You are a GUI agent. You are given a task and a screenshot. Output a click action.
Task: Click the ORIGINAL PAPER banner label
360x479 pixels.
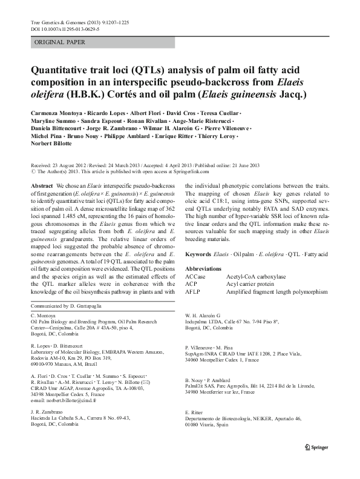[x=60, y=42]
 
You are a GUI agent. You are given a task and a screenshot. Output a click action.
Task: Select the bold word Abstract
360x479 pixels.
[x=41, y=187]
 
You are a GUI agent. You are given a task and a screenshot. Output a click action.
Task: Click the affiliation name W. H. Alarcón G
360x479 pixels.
[x=203, y=315]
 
